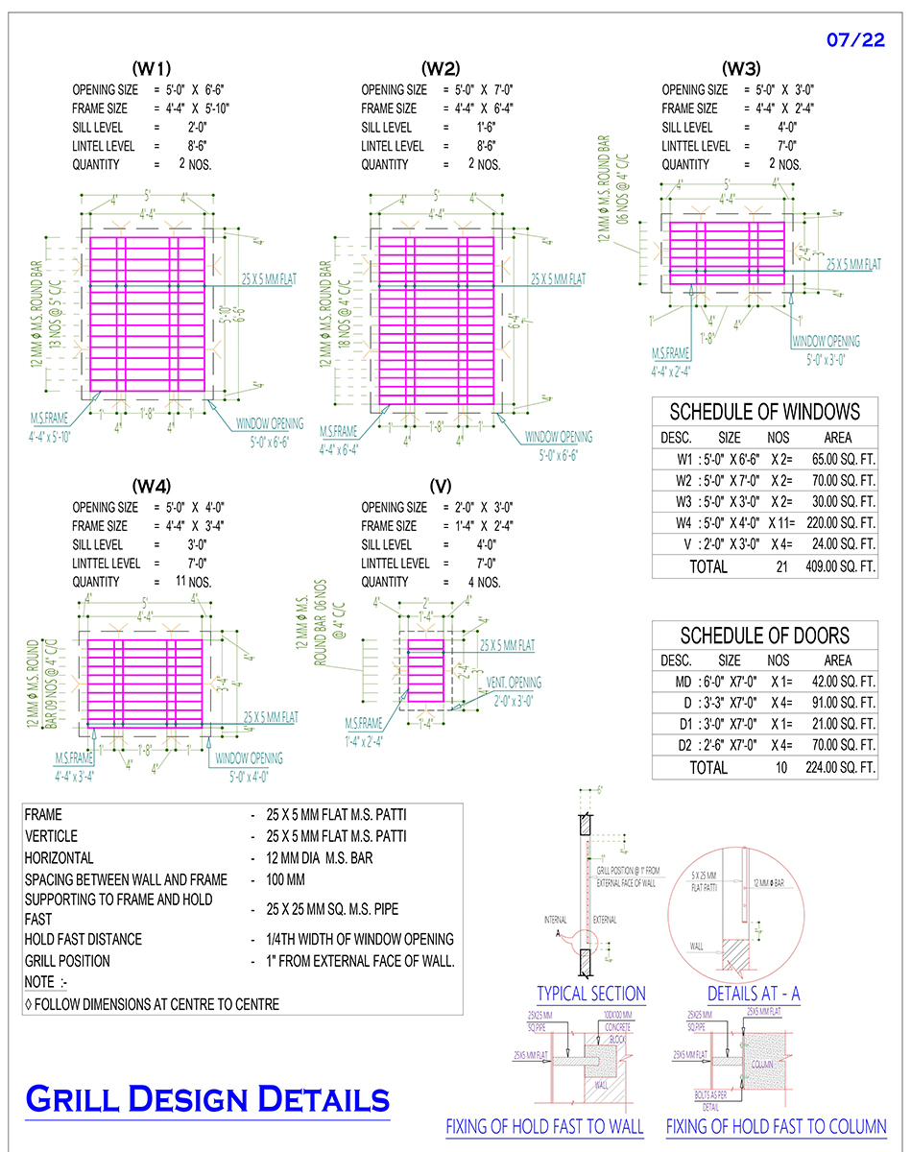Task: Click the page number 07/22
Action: pyautogui.click(x=853, y=40)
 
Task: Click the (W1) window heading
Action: pyautogui.click(x=152, y=68)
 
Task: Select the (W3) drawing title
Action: pyautogui.click(x=740, y=68)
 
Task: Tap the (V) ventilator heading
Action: pyautogui.click(x=441, y=486)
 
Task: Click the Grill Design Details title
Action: pyautogui.click(x=207, y=1098)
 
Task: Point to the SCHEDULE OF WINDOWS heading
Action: pyautogui.click(x=764, y=412)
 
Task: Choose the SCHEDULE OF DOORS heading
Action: pyautogui.click(x=764, y=636)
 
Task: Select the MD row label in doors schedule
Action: pyautogui.click(x=683, y=682)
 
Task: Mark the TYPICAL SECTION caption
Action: pyautogui.click(x=590, y=994)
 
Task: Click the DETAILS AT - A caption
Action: pyautogui.click(x=753, y=994)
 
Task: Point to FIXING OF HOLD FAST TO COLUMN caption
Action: pyautogui.click(x=776, y=1126)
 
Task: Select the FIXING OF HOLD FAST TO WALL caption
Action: pyautogui.click(x=544, y=1126)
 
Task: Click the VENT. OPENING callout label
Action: pyautogui.click(x=514, y=683)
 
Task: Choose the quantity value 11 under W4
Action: pyautogui.click(x=180, y=582)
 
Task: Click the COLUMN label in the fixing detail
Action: pyautogui.click(x=762, y=1064)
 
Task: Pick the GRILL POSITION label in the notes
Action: pyautogui.click(x=67, y=961)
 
